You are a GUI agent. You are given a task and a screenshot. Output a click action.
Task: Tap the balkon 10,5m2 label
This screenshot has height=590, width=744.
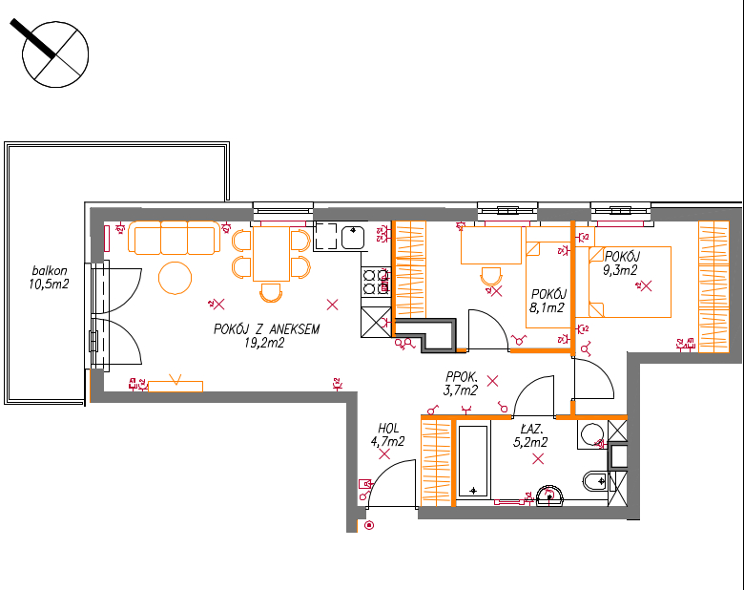coord(49,278)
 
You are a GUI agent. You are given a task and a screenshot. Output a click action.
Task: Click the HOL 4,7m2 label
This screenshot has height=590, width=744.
coord(387,434)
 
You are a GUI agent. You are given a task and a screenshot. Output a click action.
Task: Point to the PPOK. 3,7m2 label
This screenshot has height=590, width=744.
coord(462,384)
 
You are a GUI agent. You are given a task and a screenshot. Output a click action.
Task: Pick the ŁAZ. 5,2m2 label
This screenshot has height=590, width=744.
coord(530,436)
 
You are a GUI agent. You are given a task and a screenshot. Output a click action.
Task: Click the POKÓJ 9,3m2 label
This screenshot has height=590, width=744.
coord(621,263)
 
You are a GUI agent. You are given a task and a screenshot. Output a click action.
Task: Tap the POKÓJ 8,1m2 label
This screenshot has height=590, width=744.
coord(548,301)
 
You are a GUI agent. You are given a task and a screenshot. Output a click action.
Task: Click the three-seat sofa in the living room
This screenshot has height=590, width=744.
coord(175,237)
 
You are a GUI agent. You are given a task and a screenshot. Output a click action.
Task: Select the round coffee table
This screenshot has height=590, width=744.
coord(176,278)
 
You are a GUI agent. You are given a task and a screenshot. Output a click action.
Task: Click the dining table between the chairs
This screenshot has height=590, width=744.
coord(272,254)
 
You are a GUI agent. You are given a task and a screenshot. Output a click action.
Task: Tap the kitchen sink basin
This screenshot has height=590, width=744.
coord(353,237)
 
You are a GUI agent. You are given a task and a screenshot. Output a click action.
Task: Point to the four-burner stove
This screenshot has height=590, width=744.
coord(376,282)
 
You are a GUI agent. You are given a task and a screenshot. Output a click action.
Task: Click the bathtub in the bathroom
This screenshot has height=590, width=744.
coord(473,461)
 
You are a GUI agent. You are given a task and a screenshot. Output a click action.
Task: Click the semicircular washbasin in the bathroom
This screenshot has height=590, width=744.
coord(549,495)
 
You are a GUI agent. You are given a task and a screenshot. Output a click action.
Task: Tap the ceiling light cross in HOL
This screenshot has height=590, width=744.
coord(384,454)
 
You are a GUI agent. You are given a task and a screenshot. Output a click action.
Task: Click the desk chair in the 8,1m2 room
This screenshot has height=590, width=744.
coord(491,276)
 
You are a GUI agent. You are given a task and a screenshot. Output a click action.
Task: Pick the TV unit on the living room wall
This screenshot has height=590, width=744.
coord(176,387)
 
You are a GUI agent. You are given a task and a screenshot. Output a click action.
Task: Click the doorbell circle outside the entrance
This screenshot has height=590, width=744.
coord(369,525)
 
